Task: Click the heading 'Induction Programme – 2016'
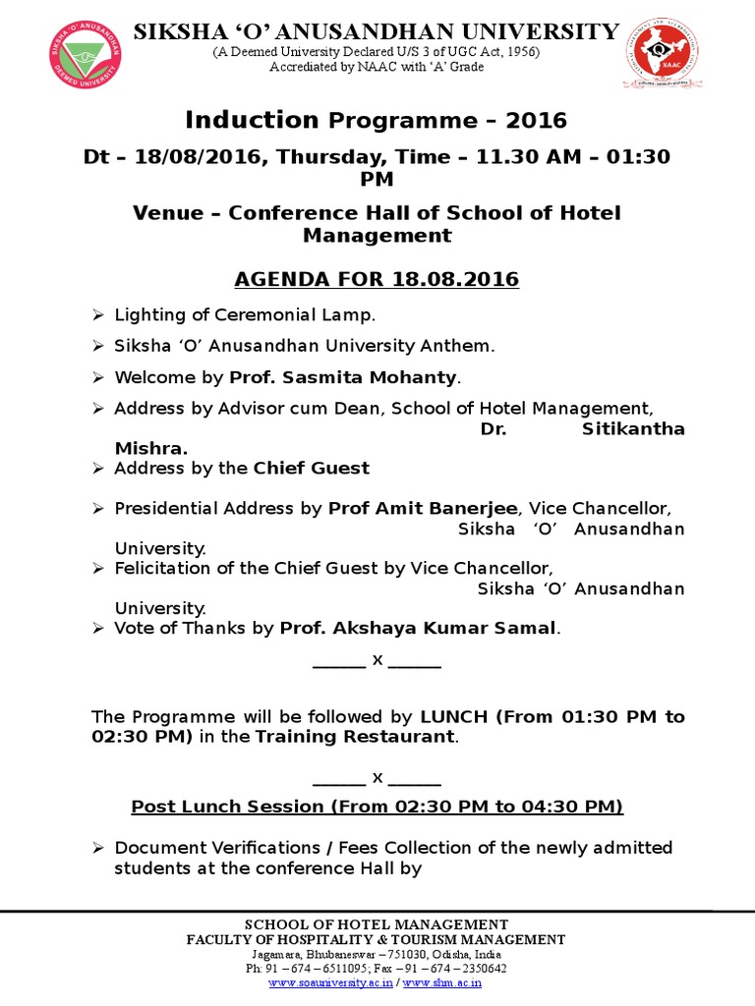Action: (377, 120)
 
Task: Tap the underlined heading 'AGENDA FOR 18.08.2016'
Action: (377, 280)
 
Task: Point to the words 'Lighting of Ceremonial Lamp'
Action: (245, 315)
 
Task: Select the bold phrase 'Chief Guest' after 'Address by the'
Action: (312, 468)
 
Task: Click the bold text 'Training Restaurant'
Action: (355, 736)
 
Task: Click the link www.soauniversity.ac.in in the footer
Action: (330, 981)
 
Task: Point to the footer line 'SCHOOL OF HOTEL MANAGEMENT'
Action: (377, 924)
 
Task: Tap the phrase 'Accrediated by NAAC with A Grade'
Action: (377, 66)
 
